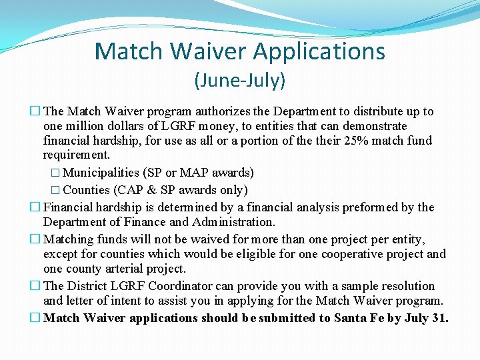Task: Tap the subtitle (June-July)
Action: pyautogui.click(x=239, y=81)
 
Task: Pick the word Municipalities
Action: pyautogui.click(x=101, y=173)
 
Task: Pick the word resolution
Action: pyautogui.click(x=405, y=286)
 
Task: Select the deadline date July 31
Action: pyautogui.click(x=425, y=318)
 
